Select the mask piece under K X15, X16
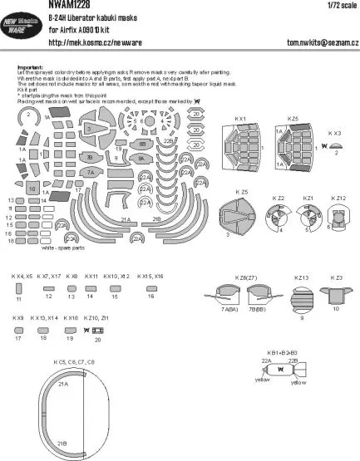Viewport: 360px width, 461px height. click(151, 287)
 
